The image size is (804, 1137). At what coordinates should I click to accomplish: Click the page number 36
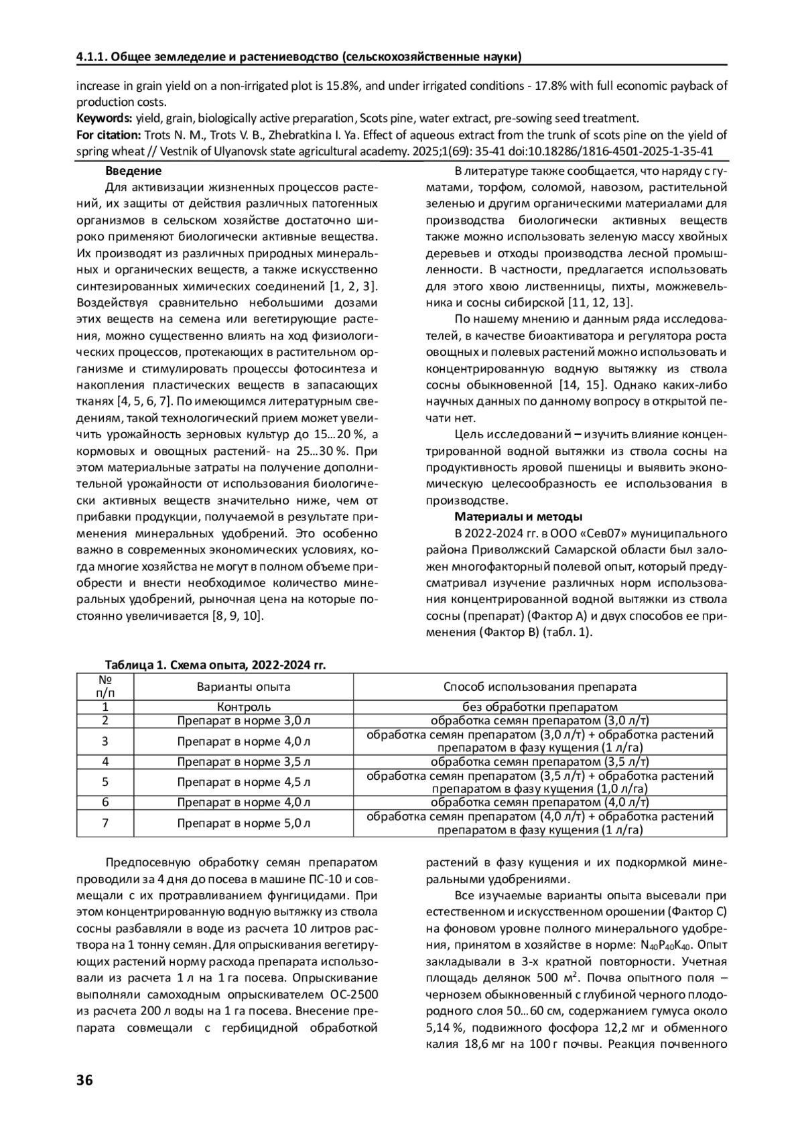pos(84,1079)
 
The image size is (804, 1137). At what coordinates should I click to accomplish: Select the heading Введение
pos(134,171)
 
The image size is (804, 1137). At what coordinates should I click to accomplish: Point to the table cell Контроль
pos(244,707)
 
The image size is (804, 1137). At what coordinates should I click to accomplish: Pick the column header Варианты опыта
pos(244,687)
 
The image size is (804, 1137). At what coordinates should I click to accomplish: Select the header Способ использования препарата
pos(540,687)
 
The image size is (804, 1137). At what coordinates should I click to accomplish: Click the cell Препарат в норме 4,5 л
pos(244,782)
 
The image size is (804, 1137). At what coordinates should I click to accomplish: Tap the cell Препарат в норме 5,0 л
pos(244,823)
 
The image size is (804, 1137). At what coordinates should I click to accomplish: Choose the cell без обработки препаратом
pos(540,707)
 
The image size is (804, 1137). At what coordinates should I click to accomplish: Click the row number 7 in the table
pos(105,823)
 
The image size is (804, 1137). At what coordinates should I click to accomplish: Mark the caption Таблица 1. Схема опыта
pos(215,665)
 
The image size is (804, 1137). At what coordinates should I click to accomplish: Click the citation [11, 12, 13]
pos(600,302)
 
